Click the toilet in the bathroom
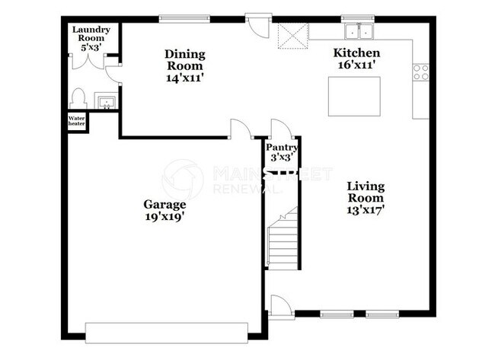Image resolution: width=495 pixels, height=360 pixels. tap(77, 99)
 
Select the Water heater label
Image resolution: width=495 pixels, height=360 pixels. tap(77, 122)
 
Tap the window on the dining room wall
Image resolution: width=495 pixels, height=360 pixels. tap(183, 17)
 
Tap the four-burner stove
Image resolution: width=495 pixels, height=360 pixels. tap(420, 72)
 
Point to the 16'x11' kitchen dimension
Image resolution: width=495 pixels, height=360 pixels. tap(356, 66)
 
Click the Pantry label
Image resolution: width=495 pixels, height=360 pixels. tap(281, 147)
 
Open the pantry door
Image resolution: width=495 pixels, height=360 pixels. tap(279, 129)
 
